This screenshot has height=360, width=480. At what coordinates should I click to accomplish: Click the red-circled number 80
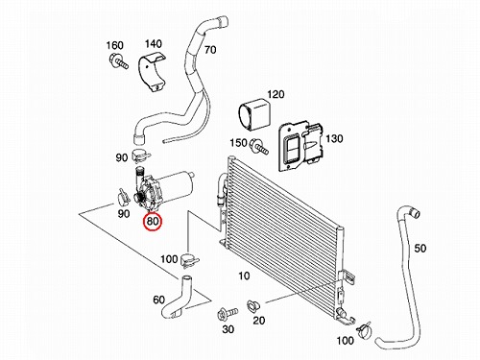pos(153,221)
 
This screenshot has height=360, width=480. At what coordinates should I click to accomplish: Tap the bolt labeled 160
pos(119,61)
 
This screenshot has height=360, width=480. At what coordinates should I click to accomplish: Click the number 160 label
pos(114,45)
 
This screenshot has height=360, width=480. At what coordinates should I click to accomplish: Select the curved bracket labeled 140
pos(151,73)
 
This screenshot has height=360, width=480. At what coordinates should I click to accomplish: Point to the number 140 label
pos(154,43)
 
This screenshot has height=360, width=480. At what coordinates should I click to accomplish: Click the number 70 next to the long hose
pos(210,50)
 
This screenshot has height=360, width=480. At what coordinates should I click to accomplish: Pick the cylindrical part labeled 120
pos(254,114)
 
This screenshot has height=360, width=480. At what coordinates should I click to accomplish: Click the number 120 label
pos(276,94)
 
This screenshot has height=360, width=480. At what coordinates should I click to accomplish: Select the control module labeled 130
pos(300,146)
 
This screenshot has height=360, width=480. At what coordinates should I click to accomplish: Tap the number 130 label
pos(334,138)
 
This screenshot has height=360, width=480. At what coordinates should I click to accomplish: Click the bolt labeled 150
pos(260,146)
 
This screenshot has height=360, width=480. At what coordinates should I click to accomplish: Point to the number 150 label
pos(238,143)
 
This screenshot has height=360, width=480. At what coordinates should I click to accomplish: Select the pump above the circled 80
pos(163,188)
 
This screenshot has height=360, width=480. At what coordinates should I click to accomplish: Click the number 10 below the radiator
pos(244,276)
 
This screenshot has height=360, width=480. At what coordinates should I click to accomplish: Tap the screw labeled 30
pos(227,314)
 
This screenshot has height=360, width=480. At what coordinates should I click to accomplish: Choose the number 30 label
pos(228,329)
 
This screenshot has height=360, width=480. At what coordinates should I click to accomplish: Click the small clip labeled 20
pos(253,306)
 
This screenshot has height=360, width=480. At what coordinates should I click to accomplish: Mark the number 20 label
pos(258,320)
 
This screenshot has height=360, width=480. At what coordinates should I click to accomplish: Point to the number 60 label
pos(159,300)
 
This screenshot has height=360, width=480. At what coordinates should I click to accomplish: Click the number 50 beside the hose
pos(420,248)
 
